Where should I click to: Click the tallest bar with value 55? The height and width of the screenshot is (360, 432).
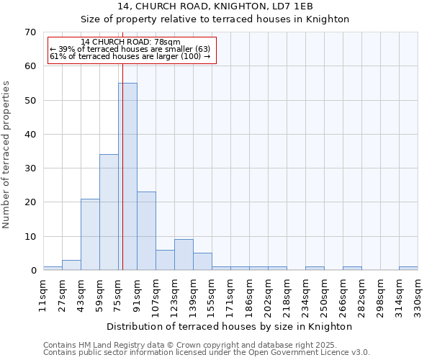point(127,176)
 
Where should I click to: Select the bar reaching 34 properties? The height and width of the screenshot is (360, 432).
point(109,212)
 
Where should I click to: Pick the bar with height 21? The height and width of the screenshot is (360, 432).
point(90,234)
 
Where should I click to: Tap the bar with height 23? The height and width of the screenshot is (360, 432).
point(146,230)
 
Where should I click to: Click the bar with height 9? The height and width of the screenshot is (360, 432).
point(184,255)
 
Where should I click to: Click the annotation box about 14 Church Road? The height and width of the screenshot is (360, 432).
point(131,50)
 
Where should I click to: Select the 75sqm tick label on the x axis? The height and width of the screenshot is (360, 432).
point(118,294)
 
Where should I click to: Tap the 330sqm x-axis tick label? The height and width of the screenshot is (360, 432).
point(418,294)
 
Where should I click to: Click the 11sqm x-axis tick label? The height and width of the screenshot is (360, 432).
point(43,294)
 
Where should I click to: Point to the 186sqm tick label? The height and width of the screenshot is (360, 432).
point(249,294)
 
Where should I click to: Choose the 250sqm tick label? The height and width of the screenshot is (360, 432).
point(324,294)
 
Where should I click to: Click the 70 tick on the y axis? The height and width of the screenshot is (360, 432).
point(30,32)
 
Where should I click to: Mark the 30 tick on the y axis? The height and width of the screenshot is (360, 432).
point(30,168)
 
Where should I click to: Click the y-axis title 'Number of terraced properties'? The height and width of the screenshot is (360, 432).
point(6,154)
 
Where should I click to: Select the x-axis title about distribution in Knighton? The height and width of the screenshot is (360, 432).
point(230,326)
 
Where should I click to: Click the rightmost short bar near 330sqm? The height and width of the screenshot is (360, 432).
point(408,269)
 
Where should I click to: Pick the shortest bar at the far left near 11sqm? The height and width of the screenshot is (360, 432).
point(53,269)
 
